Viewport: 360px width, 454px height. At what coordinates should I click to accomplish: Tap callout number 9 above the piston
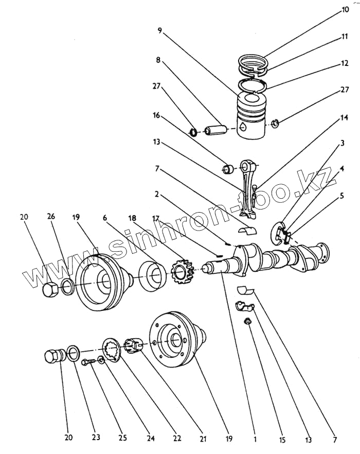(x=160, y=30)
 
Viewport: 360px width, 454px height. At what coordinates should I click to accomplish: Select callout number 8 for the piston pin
(x=158, y=60)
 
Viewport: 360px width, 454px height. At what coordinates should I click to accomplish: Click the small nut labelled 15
(x=247, y=322)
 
